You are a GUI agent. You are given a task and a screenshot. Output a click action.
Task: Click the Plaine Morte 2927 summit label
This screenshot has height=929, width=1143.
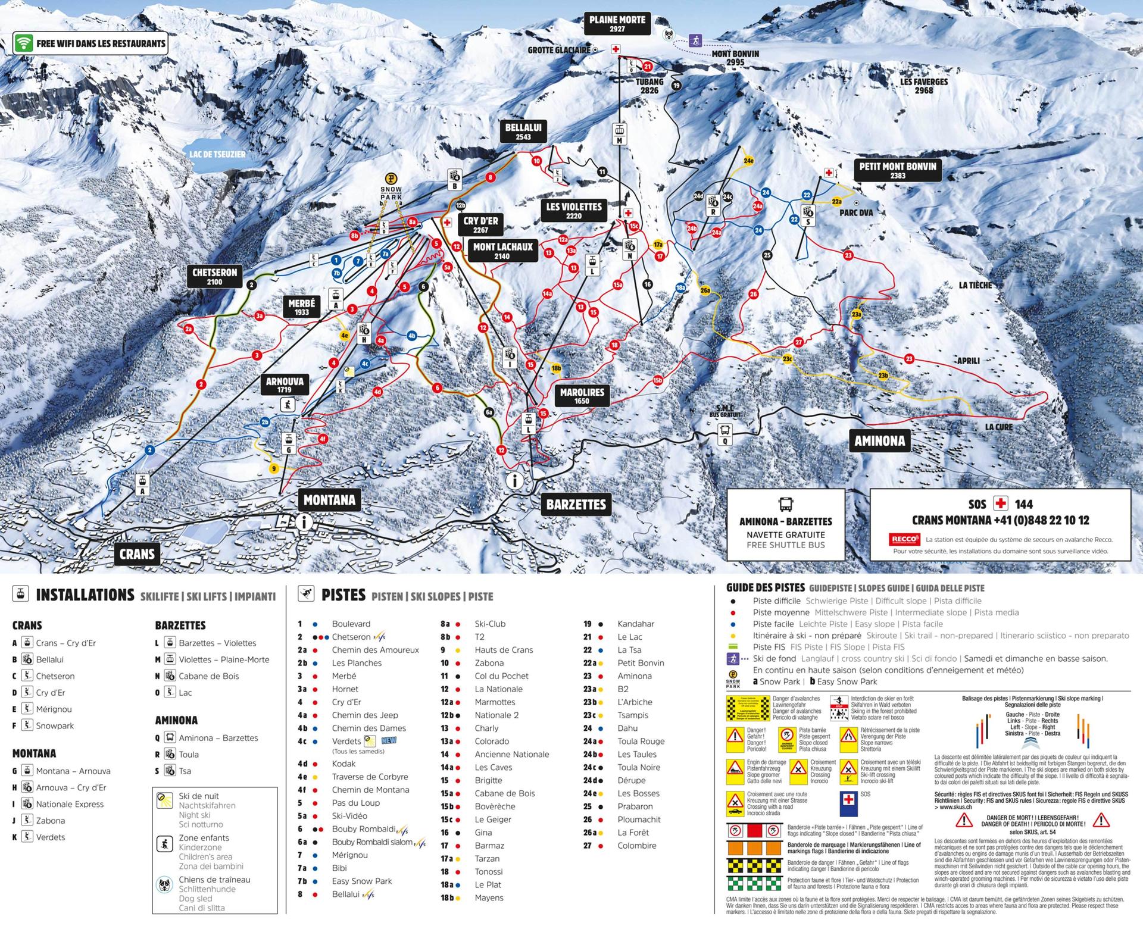(617, 24)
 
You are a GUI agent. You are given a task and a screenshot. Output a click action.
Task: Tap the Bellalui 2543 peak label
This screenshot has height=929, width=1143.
(523, 132)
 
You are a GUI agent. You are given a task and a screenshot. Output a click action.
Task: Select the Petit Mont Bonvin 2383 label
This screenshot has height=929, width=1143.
(897, 170)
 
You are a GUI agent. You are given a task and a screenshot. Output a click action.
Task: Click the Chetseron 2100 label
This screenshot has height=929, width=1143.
(214, 277)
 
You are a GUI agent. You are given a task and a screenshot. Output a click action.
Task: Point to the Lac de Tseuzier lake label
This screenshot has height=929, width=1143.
(217, 154)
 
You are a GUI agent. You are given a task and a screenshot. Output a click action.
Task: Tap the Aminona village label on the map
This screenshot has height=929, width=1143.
(879, 441)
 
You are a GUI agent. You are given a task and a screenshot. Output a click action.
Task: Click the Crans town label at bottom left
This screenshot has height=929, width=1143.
(137, 554)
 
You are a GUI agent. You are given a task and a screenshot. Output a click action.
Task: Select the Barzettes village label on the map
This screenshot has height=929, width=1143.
(576, 505)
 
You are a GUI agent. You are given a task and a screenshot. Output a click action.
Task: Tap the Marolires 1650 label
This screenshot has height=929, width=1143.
(582, 396)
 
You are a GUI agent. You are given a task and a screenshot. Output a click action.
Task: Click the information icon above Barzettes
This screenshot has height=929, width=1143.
(514, 480)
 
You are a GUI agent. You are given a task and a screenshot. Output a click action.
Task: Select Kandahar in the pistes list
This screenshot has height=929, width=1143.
(635, 624)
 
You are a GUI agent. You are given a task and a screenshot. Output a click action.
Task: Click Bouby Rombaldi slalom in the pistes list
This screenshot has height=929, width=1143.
(372, 842)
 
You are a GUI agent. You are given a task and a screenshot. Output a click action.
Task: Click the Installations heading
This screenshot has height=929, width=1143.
(85, 595)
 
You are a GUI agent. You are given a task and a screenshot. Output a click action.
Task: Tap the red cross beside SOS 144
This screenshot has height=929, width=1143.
(1001, 503)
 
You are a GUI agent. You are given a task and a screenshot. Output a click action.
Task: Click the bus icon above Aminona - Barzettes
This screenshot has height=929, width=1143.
(785, 505)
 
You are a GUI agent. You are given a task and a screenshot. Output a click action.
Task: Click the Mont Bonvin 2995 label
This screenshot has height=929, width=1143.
(735, 58)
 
